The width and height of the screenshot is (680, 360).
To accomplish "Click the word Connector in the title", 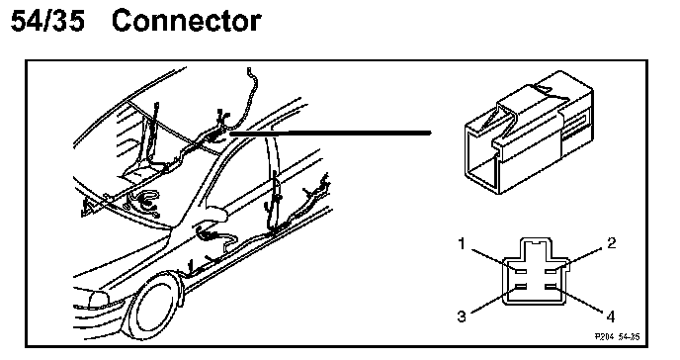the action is (187, 21).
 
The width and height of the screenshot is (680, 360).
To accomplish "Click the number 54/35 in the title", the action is (47, 21).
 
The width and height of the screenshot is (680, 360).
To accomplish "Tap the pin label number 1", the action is (462, 243).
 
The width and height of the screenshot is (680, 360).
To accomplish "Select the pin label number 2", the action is (611, 243).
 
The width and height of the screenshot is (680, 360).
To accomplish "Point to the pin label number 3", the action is (462, 316).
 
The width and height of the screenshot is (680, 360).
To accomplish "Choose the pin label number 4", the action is (611, 316).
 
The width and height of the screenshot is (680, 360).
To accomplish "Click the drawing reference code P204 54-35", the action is (617, 336).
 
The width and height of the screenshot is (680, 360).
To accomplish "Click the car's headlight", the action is (99, 300).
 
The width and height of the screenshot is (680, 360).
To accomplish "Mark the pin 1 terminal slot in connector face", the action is (520, 271).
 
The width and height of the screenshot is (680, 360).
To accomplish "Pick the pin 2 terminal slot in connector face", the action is (551, 271).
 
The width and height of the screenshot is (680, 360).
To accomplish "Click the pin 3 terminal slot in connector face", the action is (520, 287).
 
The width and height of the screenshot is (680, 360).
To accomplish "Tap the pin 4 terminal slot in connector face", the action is (551, 287).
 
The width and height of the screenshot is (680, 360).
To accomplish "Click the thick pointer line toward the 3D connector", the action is (330, 133).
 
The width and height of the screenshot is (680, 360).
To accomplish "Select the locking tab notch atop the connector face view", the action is (536, 242).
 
